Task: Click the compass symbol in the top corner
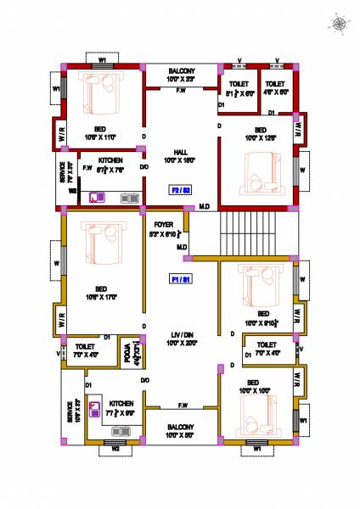coord(341,24)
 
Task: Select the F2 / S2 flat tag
coord(180,189)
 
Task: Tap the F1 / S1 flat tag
coord(180,278)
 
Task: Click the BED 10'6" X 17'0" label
coord(100,293)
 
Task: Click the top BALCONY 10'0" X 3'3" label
coord(180,75)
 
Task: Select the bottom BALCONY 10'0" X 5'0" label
coord(180,430)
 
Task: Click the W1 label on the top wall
coord(102,60)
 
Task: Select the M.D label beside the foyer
coord(182,247)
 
